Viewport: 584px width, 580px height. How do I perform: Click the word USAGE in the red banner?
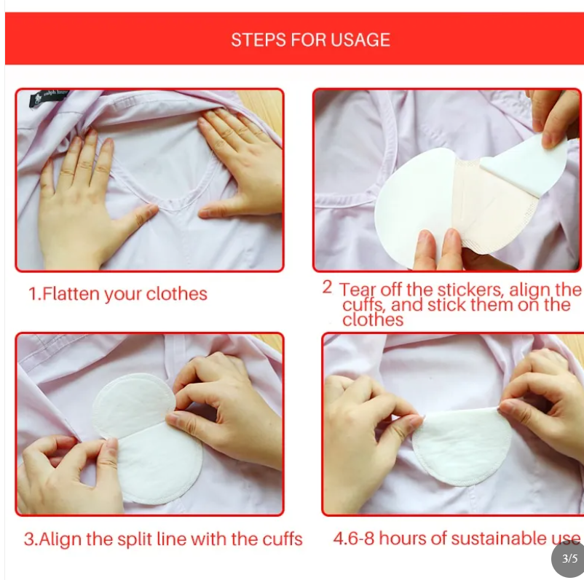tap(360, 40)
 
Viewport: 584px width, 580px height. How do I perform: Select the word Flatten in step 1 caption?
tap(71, 294)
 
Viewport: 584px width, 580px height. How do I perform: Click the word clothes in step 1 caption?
tap(176, 294)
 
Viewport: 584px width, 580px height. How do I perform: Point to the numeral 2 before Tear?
tap(327, 287)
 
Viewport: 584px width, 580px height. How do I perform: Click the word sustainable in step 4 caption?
tap(497, 539)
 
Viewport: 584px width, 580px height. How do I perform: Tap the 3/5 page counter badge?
tap(569, 558)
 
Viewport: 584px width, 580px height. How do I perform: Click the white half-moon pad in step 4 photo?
tap(462, 445)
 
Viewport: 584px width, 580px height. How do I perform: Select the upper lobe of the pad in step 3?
tap(133, 401)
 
